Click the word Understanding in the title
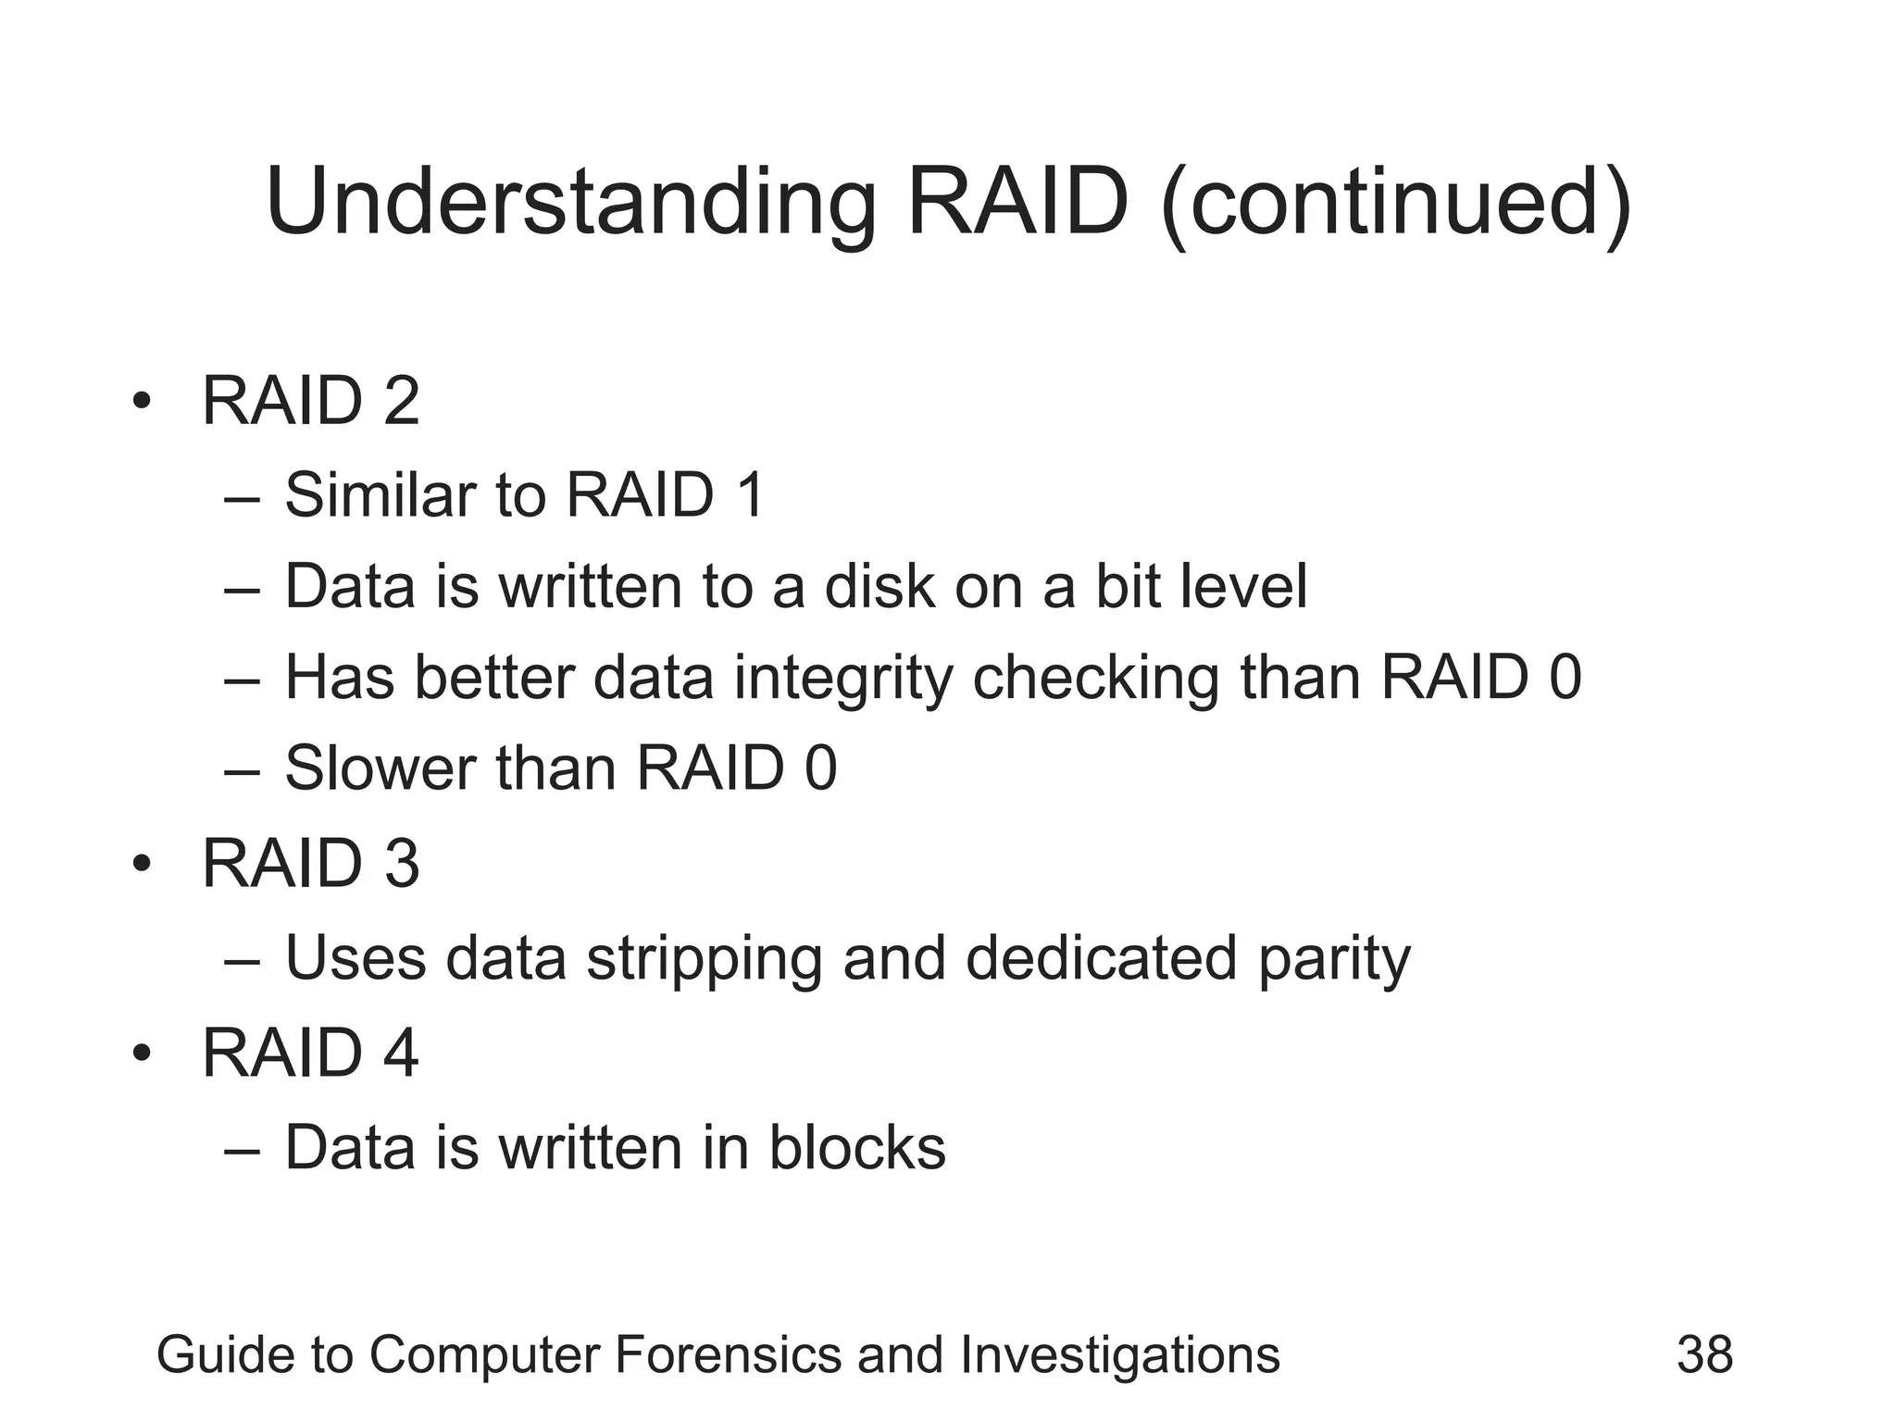(570, 202)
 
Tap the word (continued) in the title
(1396, 202)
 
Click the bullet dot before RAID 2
(141, 402)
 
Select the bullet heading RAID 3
(310, 864)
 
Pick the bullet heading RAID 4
(310, 1053)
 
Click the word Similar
(380, 494)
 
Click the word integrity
(842, 679)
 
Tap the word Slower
(380, 767)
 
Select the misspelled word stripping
(704, 959)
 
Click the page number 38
(1704, 1354)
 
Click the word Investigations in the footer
(1120, 1354)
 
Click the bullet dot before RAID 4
(141, 1054)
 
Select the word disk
(879, 586)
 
